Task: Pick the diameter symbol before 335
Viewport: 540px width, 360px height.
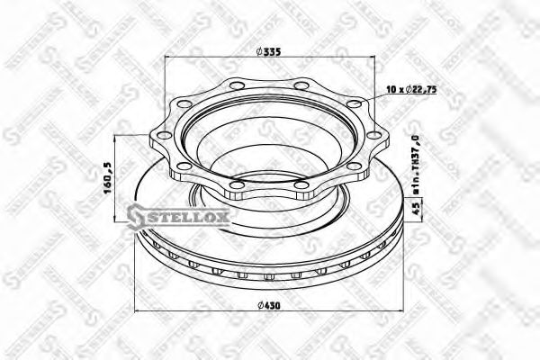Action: pyautogui.click(x=259, y=52)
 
